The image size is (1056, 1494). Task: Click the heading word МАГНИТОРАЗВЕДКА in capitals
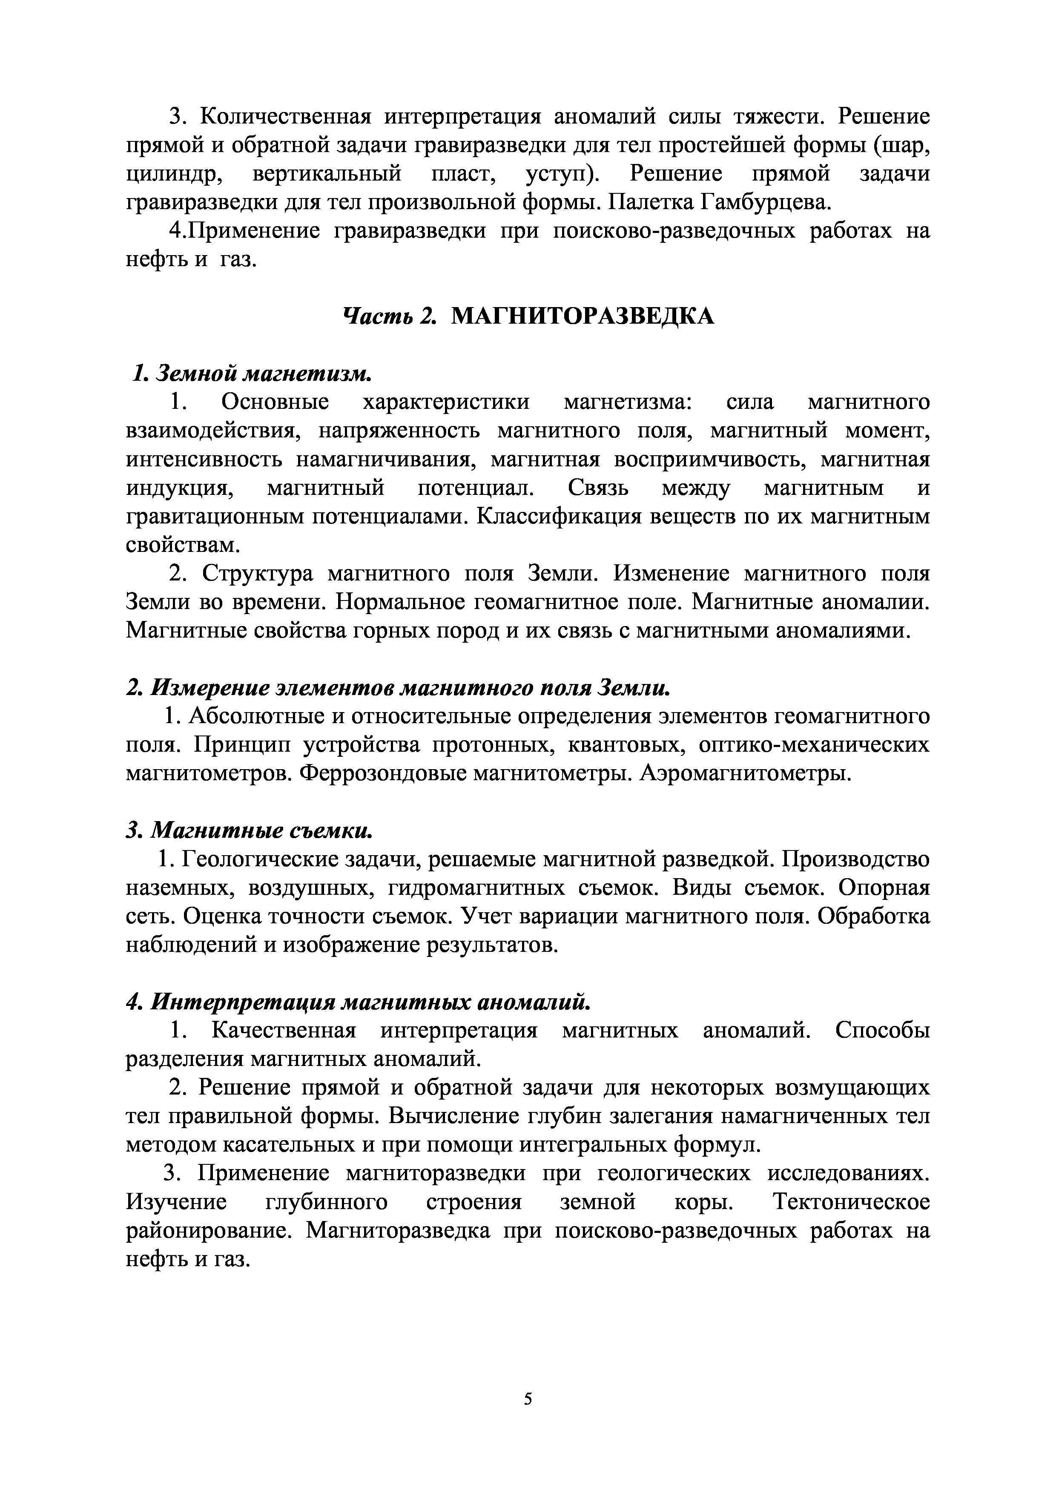[583, 317]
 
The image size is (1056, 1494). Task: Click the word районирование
[208, 1230]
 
